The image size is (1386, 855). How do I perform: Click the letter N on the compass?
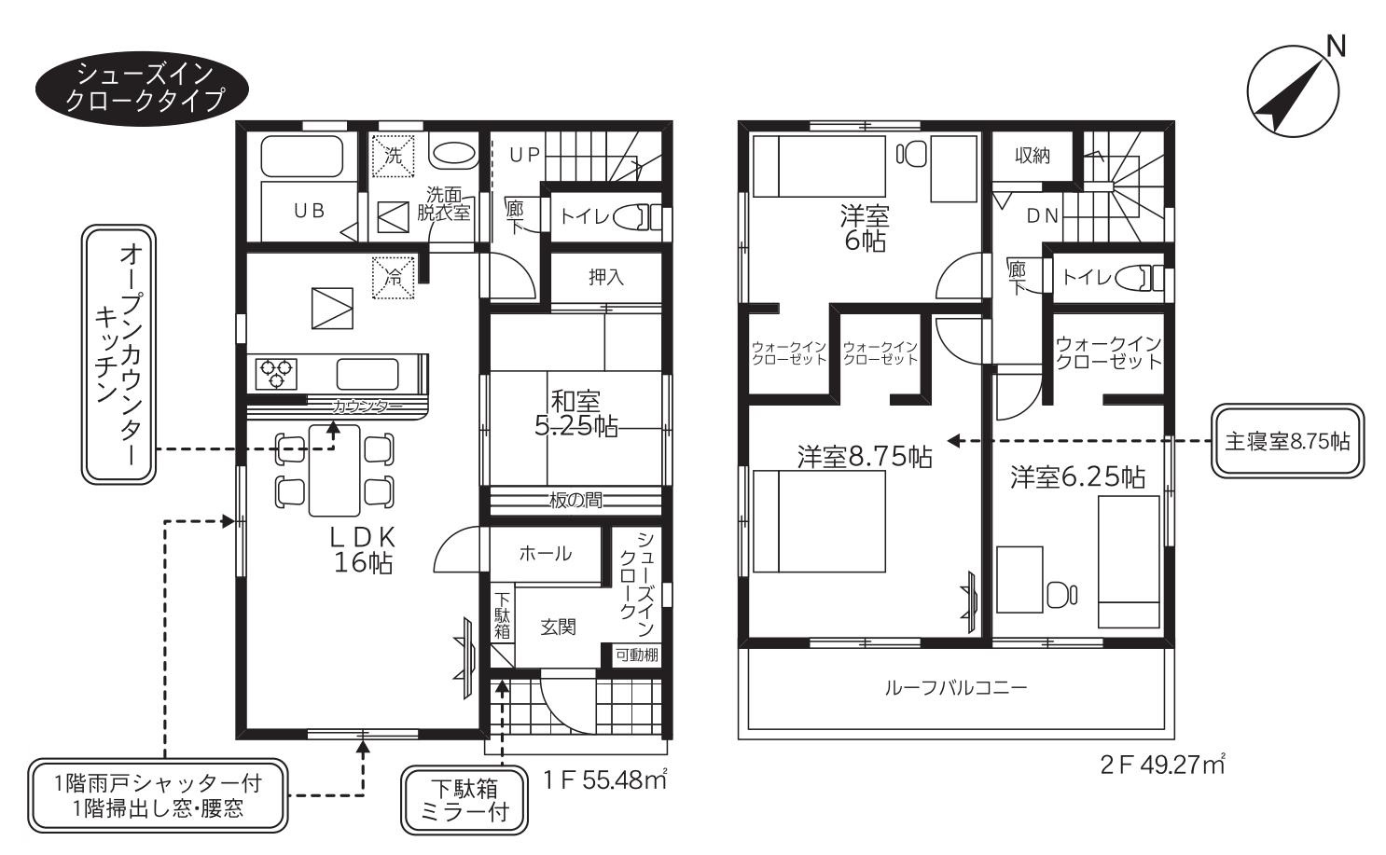click(1336, 47)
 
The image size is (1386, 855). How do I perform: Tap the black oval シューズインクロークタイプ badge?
click(142, 88)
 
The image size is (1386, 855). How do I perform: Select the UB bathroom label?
click(310, 211)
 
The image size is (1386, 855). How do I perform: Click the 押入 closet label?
click(605, 277)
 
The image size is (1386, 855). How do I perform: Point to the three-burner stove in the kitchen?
click(275, 374)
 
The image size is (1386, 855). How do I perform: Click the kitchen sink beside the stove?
click(367, 374)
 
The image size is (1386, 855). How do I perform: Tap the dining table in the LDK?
click(334, 470)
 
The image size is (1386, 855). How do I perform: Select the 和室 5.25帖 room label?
click(575, 414)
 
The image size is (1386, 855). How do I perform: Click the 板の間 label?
click(575, 500)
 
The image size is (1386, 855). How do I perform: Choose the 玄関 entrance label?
click(558, 627)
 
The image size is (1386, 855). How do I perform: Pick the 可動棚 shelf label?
click(636, 655)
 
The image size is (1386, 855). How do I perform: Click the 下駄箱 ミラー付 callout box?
click(464, 800)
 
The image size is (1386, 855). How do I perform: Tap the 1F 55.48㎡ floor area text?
click(604, 780)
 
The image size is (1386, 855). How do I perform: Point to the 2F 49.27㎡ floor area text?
click(1163, 765)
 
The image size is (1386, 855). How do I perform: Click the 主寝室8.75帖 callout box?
click(1287, 441)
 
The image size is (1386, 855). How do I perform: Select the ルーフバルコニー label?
click(956, 688)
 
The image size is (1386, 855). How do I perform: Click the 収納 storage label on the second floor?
click(1033, 156)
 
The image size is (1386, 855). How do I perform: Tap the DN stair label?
click(1043, 215)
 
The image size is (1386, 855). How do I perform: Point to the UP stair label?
click(525, 155)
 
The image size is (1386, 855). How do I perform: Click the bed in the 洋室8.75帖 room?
click(819, 521)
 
